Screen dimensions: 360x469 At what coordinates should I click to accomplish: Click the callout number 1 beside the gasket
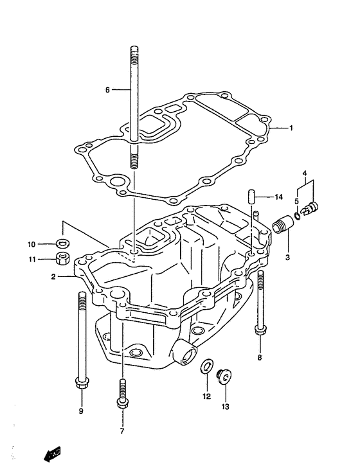point(291,128)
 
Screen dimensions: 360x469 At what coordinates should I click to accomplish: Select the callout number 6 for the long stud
point(108,89)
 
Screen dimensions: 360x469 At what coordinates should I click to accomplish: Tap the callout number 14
point(278,197)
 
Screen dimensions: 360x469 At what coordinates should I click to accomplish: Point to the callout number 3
point(287,257)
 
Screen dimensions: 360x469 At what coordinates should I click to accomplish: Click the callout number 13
point(226,407)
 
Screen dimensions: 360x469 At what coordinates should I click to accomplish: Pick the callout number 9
point(81,411)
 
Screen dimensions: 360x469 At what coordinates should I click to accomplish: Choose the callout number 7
point(122,431)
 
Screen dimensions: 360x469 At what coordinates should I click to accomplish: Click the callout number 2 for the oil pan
point(53,277)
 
